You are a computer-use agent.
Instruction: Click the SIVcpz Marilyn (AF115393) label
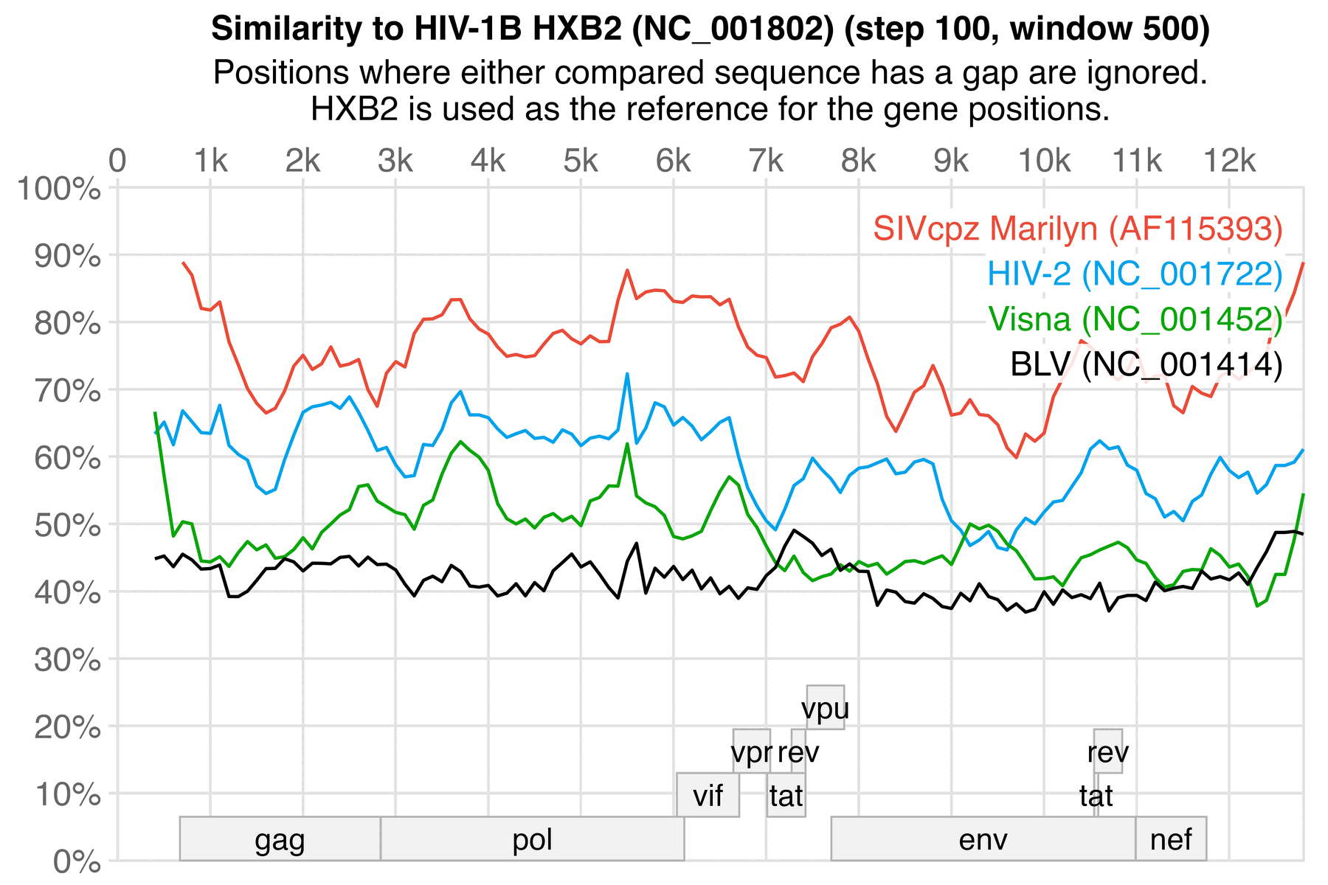[1077, 229]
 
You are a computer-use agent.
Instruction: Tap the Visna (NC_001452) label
[1135, 319]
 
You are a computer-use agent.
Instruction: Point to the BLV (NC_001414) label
[1146, 364]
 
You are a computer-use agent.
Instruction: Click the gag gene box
[280, 839]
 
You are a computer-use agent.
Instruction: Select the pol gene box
[532, 839]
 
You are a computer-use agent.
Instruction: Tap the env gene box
[983, 839]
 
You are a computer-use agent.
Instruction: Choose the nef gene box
[1171, 839]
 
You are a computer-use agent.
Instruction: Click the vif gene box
[708, 796]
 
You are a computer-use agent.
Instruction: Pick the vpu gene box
[825, 708]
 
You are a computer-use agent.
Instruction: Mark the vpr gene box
[751, 752]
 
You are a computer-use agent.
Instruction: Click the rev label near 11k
[1107, 752]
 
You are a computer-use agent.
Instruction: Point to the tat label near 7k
[786, 796]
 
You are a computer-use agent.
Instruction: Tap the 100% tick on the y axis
[58, 189]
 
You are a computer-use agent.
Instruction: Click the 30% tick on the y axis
[67, 659]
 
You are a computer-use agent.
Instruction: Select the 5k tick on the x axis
[581, 162]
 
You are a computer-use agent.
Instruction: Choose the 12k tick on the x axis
[1229, 162]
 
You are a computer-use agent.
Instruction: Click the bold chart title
[710, 29]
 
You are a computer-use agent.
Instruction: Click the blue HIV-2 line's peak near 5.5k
[627, 374]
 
